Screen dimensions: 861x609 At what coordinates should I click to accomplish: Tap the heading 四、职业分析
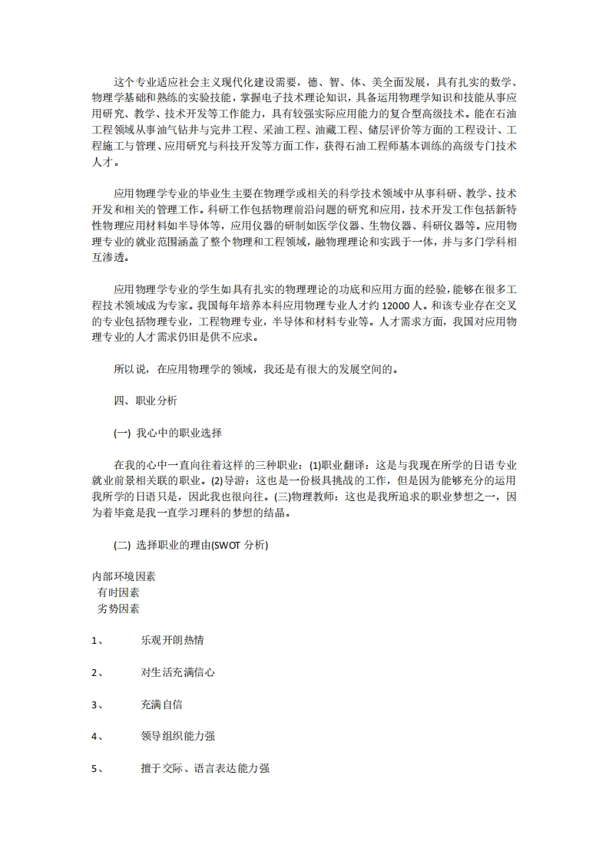(x=145, y=401)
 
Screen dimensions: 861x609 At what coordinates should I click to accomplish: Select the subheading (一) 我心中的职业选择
(x=167, y=433)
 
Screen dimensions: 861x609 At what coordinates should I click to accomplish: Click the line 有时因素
(x=118, y=592)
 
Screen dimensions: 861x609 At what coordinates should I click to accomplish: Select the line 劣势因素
(x=118, y=609)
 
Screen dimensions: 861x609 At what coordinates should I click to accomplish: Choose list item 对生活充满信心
(x=177, y=672)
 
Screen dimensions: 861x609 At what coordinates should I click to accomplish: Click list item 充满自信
(x=161, y=704)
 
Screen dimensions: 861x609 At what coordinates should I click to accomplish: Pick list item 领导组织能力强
(x=177, y=737)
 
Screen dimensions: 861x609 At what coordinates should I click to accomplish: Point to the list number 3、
(x=98, y=704)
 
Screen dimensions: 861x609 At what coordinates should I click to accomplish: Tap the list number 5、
(x=98, y=769)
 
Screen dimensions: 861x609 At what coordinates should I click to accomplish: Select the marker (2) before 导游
(x=217, y=481)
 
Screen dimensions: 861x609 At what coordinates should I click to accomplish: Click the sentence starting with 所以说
(x=256, y=369)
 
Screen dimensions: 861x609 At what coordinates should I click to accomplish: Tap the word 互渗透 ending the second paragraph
(x=108, y=257)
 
